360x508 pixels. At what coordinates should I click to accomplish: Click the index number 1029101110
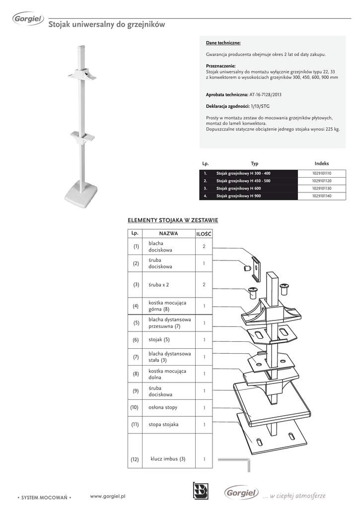(321, 173)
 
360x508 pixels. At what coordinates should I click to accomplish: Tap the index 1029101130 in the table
(321, 189)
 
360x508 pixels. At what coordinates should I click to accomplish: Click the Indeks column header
(321, 163)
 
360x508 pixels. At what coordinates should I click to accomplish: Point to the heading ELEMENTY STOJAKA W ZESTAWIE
(173, 220)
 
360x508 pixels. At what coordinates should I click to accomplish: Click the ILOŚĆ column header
(204, 233)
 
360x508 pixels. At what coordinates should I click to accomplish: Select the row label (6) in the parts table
(136, 340)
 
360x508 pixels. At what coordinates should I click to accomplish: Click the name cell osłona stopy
(163, 407)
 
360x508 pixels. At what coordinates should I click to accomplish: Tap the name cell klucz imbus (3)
(168, 459)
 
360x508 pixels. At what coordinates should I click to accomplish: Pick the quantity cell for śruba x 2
(204, 285)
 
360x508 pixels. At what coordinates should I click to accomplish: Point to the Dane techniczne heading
(223, 43)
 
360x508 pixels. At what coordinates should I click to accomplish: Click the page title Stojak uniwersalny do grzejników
(106, 24)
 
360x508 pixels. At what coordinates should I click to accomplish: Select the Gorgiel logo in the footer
(241, 493)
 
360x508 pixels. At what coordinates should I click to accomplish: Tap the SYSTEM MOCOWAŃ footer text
(45, 497)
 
